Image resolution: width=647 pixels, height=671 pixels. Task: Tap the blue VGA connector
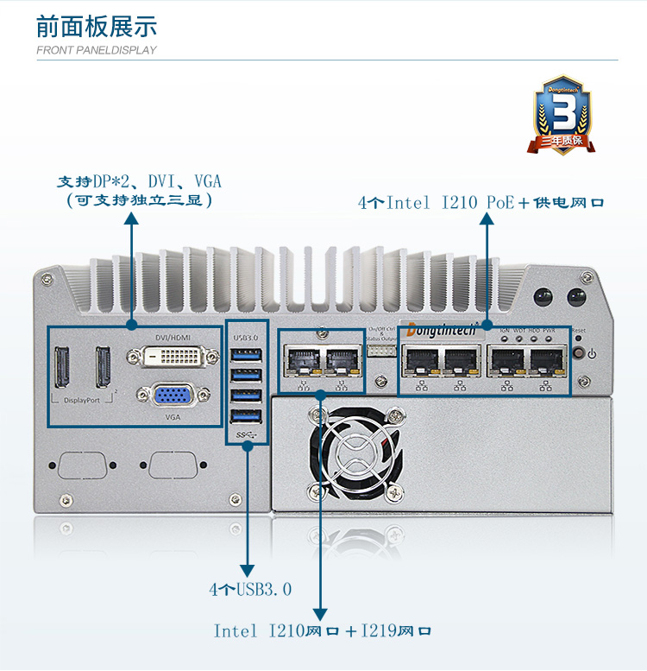click(172, 395)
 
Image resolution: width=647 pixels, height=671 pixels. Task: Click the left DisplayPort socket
click(64, 366)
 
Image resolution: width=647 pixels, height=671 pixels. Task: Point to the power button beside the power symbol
click(578, 352)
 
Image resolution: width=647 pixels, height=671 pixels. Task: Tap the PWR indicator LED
click(550, 339)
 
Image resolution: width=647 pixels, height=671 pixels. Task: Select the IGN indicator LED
click(505, 339)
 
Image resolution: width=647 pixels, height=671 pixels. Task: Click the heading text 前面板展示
click(97, 25)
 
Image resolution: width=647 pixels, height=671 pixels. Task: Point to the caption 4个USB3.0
click(249, 590)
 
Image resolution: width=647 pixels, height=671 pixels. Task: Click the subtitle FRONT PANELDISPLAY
click(97, 50)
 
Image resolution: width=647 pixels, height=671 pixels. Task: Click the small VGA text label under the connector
click(173, 416)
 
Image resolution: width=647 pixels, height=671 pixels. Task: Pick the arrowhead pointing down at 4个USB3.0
click(248, 571)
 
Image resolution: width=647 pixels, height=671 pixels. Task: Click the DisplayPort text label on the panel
click(82, 401)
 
